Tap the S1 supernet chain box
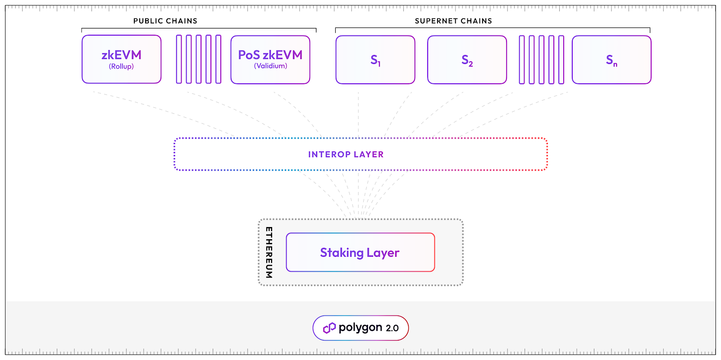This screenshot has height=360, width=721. click(375, 60)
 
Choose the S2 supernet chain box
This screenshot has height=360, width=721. click(467, 60)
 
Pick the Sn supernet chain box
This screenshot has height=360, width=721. click(611, 60)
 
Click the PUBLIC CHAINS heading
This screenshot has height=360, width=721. click(165, 21)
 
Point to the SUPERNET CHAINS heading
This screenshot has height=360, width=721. click(453, 21)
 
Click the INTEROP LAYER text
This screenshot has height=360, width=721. click(346, 155)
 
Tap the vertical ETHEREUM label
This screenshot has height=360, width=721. click(269, 252)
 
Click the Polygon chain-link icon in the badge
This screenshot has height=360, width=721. click(329, 328)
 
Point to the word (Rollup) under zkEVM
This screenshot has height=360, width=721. click(121, 66)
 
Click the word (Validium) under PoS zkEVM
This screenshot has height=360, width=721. click(270, 66)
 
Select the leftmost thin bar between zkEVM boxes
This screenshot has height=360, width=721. click(179, 59)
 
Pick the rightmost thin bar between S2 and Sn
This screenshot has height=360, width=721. click(561, 59)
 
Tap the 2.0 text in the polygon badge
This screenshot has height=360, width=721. click(392, 328)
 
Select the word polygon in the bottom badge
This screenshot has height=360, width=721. click(360, 328)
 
